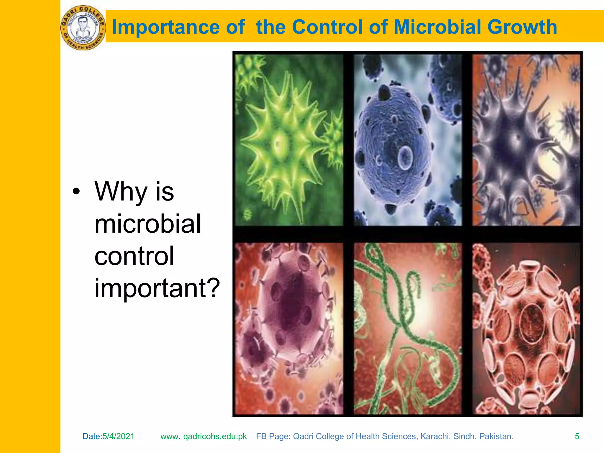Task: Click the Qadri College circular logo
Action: point(83,28)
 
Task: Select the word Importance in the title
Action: point(166,27)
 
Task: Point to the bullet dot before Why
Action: point(76,192)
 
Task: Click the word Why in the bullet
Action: point(121,192)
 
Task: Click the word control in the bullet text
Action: point(134,256)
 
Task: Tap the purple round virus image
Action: point(288,328)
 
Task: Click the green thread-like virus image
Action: point(408,328)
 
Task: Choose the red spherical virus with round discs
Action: point(526,328)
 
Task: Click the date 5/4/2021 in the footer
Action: point(118,436)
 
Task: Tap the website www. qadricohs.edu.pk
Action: point(203,436)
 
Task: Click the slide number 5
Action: point(577,436)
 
